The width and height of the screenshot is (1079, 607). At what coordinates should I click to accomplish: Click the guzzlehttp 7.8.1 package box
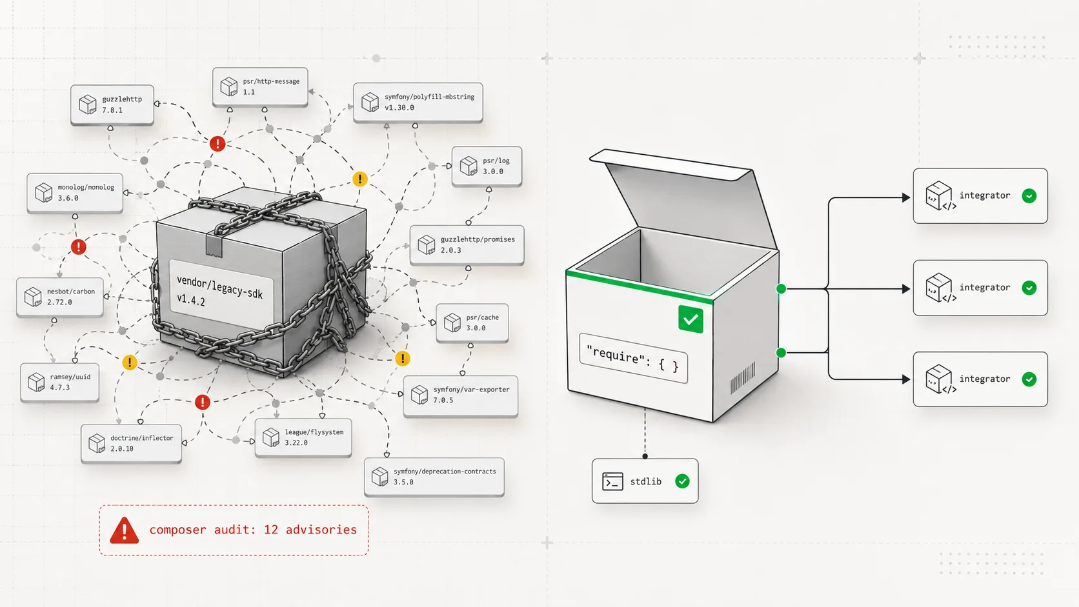pos(112,104)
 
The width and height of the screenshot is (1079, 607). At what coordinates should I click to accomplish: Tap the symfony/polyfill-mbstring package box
pos(418,102)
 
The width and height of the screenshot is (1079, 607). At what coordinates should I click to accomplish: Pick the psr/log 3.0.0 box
pos(487,166)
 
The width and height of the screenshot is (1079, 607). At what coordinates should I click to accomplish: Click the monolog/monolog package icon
pos(43,192)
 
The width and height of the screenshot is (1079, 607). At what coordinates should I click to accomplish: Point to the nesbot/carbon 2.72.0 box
pos(60,297)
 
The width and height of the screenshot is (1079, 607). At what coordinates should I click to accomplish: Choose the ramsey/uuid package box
pos(60,383)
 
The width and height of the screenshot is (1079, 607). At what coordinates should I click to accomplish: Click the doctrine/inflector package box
pos(131,443)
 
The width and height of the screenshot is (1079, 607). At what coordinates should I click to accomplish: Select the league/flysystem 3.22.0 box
pos(303,437)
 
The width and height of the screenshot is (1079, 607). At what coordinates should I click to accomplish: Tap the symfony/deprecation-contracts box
pos(434,477)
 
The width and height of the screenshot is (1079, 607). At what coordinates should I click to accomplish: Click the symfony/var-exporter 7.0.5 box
pos(461,395)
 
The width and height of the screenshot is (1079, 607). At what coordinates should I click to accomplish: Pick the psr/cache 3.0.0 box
pos(472,323)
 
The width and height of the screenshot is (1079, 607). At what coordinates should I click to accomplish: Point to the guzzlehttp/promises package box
pos(467,244)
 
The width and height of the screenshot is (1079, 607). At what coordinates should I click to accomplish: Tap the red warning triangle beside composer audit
pos(125,530)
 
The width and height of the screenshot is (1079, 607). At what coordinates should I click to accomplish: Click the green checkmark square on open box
pos(691,319)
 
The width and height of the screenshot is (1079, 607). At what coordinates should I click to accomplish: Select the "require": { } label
pos(633,358)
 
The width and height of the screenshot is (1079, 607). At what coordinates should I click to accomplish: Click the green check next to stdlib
pos(682,481)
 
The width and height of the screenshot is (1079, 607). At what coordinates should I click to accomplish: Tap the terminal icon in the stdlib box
pos(612,481)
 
